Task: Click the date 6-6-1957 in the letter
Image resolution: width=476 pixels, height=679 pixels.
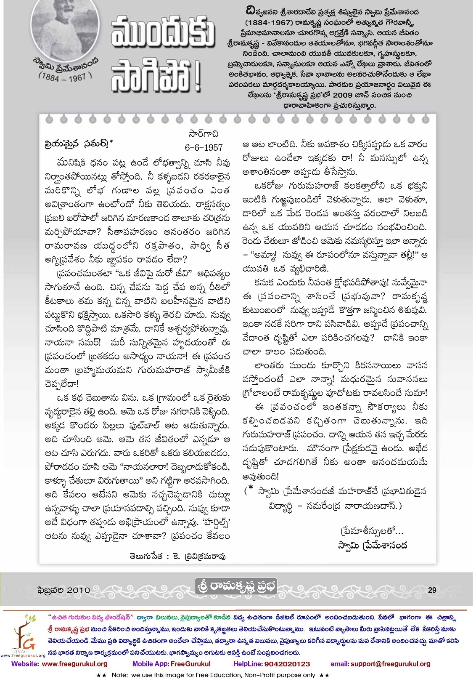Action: click(204, 147)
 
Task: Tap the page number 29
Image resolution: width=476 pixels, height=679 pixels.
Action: click(432, 590)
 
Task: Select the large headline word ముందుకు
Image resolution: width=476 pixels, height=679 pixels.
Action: click(163, 33)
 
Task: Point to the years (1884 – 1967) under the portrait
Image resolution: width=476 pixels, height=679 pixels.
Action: click(65, 77)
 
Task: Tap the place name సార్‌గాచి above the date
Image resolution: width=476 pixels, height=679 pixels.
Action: click(204, 133)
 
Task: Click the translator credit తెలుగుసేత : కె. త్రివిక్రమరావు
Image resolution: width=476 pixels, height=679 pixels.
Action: click(177, 556)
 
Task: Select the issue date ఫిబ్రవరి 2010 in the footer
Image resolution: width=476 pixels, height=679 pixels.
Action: click(63, 590)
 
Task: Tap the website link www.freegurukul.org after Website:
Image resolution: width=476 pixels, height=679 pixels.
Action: click(75, 664)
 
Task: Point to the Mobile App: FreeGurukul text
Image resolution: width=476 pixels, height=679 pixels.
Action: click(171, 664)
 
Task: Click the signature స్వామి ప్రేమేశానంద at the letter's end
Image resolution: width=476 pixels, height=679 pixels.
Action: click(373, 546)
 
